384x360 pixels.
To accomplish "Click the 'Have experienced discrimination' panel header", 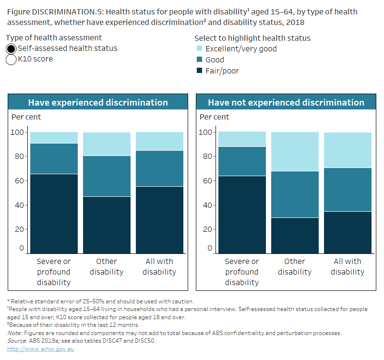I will pyautogui.click(x=98, y=102).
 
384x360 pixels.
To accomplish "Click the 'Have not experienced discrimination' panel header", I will pyautogui.click(x=286, y=102).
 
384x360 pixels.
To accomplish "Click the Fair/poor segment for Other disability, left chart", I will pyautogui.click(x=106, y=225).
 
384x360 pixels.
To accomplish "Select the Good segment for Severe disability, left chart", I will pyautogui.click(x=54, y=158).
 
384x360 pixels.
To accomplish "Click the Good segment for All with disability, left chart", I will pyautogui.click(x=159, y=168).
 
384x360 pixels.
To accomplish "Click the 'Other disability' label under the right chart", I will pyautogui.click(x=294, y=267).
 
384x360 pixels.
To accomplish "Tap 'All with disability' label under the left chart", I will pyautogui.click(x=159, y=267).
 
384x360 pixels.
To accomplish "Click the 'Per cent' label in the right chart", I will pyautogui.click(x=214, y=117).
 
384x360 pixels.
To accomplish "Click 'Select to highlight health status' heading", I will pyautogui.click(x=252, y=38).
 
